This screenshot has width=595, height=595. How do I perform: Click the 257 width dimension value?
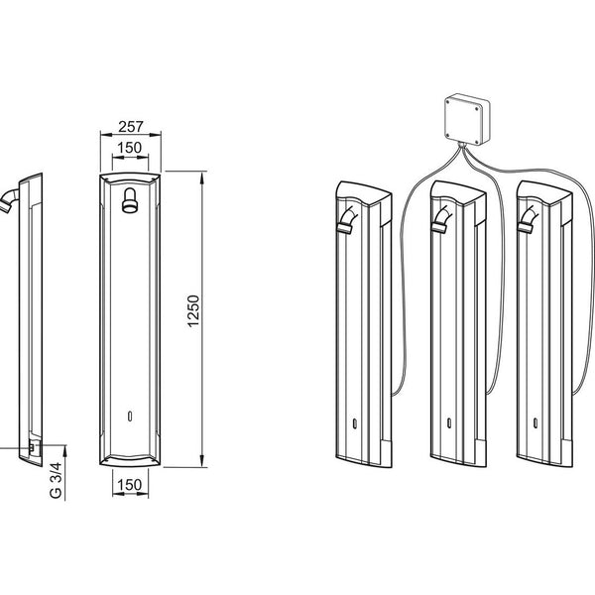click(x=131, y=127)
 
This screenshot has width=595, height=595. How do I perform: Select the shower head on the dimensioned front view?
click(x=131, y=204)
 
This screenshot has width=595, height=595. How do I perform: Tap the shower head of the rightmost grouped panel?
click(x=529, y=224)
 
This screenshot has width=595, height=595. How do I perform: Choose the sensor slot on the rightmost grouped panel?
click(x=536, y=424)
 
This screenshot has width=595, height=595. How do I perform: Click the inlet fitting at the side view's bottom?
click(x=34, y=446)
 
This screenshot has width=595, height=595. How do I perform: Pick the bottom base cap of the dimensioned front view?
click(x=131, y=458)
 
